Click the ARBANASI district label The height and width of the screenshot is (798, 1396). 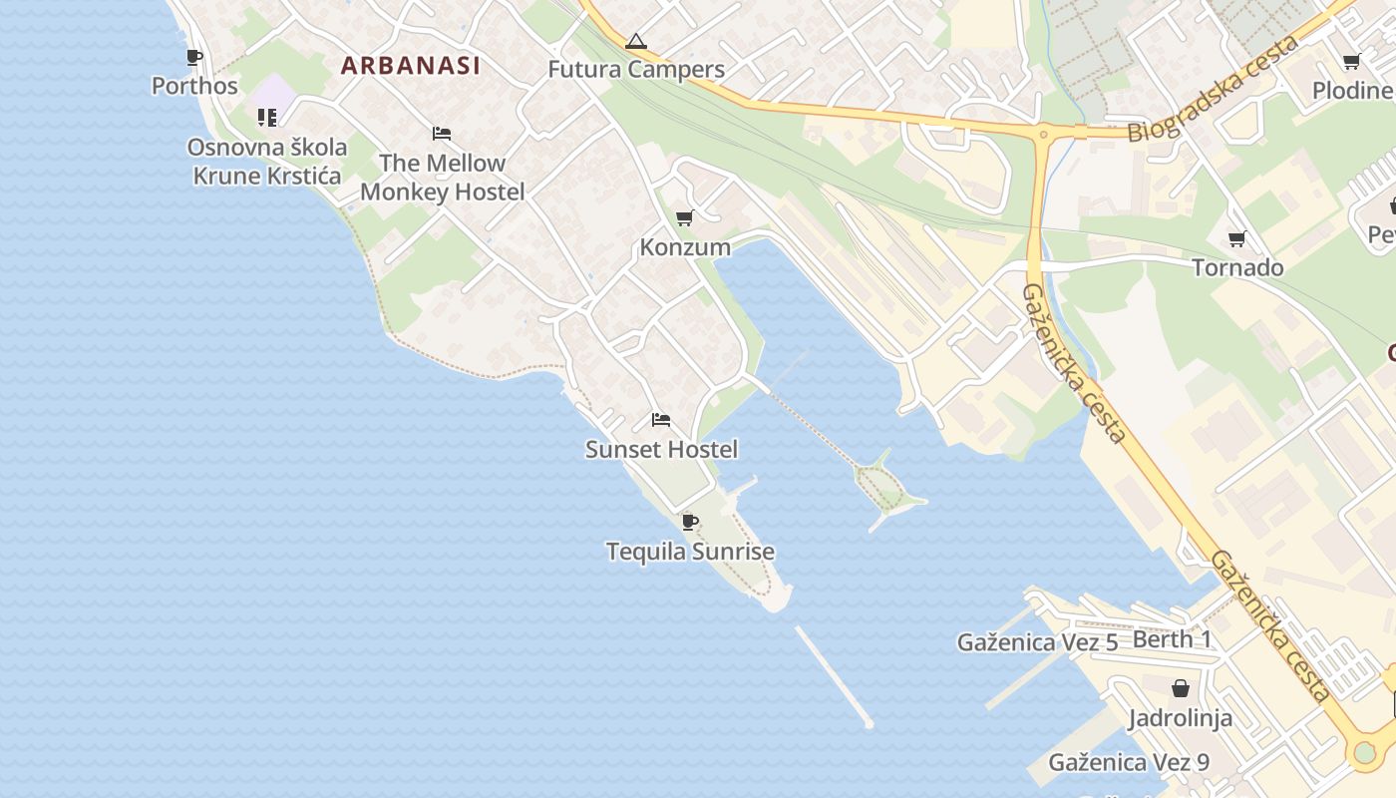(410, 66)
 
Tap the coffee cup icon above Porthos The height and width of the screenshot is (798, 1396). (193, 58)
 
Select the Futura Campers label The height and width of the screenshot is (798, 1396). (636, 70)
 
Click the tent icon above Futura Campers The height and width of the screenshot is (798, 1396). (636, 42)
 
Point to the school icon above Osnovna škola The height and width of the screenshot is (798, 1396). (266, 118)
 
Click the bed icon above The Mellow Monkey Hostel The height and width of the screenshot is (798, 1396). (442, 134)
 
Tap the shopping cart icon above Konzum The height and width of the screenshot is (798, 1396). (684, 217)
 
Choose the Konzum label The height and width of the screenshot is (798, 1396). (685, 247)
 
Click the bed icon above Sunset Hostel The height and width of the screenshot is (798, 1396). (660, 420)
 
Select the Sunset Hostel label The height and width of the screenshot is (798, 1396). (661, 450)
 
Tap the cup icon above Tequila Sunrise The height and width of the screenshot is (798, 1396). (689, 522)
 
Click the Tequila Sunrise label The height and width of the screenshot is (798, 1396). (690, 552)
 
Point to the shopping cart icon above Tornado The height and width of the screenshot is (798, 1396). (1237, 238)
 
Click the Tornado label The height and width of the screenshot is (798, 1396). (1237, 268)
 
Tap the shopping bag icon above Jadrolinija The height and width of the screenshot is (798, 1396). (1181, 688)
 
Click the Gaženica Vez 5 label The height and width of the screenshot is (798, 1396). (1037, 642)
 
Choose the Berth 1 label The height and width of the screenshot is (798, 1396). (1173, 639)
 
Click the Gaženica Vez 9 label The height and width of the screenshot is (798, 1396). (1129, 763)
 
